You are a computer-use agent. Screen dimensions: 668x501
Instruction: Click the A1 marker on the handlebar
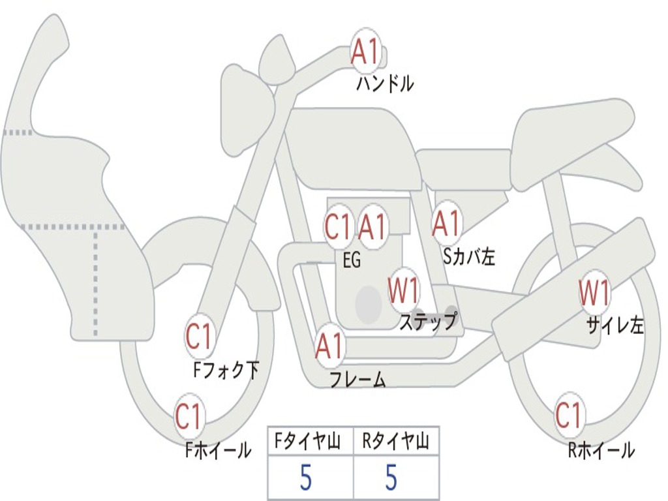[366, 50]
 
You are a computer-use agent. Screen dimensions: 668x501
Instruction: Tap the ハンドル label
[384, 83]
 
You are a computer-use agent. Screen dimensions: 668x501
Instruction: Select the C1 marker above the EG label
[338, 226]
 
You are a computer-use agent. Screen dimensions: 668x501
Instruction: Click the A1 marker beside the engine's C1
[372, 226]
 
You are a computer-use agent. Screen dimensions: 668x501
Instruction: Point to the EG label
[352, 260]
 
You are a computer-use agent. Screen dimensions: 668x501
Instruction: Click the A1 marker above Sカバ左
[446, 224]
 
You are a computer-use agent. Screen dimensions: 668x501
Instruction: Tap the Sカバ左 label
[468, 256]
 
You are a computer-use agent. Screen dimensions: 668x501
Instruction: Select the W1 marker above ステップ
[403, 290]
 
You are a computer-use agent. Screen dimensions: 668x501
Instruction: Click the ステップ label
[428, 321]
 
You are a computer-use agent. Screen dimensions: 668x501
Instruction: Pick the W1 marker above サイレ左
[594, 293]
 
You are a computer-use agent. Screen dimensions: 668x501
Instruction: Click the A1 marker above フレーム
[329, 346]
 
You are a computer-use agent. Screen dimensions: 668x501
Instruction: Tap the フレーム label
[358, 379]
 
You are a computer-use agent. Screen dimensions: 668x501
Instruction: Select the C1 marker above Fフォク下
[198, 337]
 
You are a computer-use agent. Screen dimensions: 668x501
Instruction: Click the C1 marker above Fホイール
[189, 416]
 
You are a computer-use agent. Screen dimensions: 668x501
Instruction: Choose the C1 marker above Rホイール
[568, 415]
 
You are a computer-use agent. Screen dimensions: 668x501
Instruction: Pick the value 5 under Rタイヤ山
[391, 477]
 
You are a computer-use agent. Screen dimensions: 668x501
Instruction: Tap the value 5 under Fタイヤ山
[305, 477]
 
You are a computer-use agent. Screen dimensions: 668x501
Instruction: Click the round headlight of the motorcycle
[247, 113]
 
